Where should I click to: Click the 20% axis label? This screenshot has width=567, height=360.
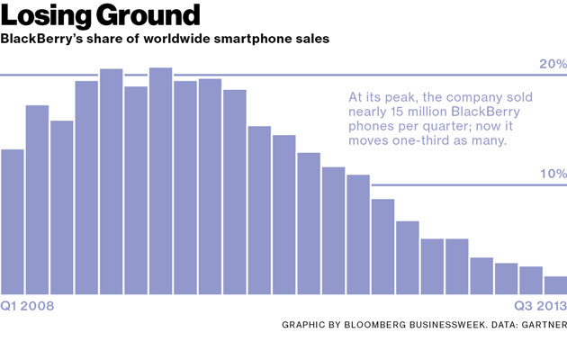552,64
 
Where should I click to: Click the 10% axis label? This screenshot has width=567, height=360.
552,173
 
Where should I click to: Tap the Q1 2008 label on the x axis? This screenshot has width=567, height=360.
29,306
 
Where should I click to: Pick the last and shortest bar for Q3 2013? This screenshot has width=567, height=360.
555,285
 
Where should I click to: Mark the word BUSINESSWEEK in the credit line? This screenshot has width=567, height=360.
455,324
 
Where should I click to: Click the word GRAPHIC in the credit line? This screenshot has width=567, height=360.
307,324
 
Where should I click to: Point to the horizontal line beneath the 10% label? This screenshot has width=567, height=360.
468,184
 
